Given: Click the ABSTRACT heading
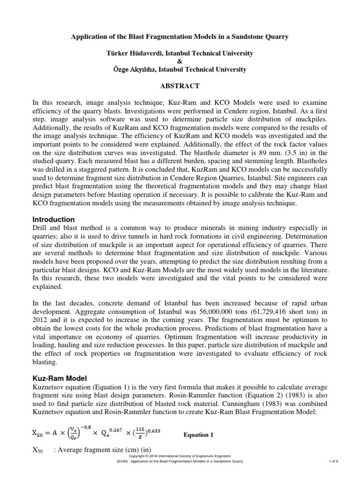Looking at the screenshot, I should pos(180,86).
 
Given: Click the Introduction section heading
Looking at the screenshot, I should pos(53,219).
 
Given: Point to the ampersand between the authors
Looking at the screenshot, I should pos(180,61).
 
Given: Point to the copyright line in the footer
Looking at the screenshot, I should pos(180,455).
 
